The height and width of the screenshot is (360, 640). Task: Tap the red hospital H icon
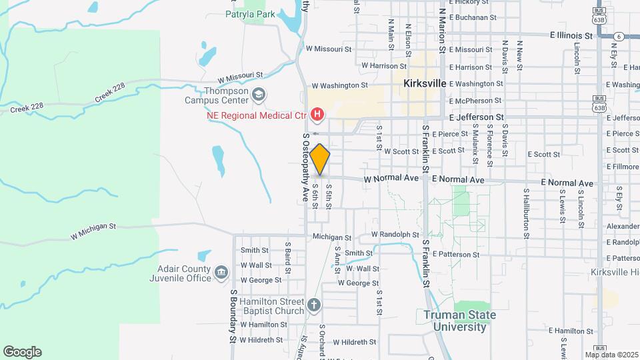(317, 115)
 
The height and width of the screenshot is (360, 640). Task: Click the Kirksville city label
(424, 84)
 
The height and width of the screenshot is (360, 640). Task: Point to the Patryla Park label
(250, 13)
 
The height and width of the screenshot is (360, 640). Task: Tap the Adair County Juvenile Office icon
(221, 273)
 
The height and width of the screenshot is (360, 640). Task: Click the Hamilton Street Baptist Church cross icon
(314, 305)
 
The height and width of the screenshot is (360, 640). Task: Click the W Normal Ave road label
(391, 179)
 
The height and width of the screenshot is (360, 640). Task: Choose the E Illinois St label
(571, 35)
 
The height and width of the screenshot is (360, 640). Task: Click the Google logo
(22, 352)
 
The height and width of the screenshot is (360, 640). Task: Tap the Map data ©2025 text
(611, 355)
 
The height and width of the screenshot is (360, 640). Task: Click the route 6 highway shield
(619, 36)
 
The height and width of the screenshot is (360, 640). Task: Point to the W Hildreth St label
(354, 342)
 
